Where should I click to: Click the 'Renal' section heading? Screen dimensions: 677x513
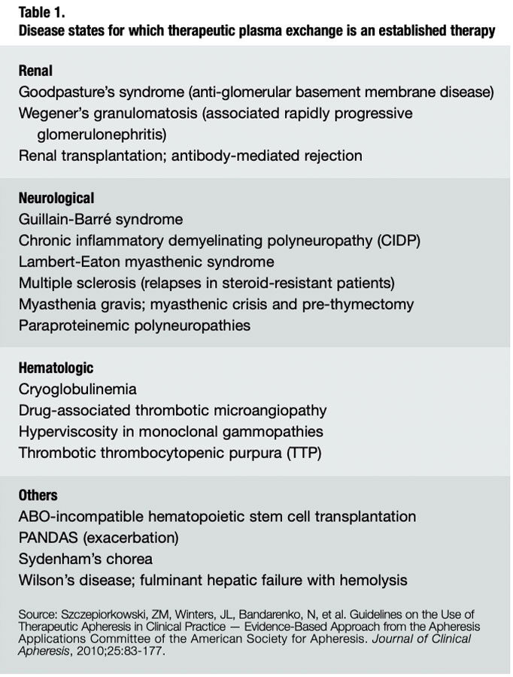point(36,71)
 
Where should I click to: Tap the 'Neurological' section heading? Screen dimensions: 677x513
point(56,199)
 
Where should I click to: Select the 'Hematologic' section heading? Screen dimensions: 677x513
point(56,368)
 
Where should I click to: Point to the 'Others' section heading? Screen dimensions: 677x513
point(38,496)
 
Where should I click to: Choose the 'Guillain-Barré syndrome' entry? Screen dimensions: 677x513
point(101,220)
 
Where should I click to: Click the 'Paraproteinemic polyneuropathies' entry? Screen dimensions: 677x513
point(135,326)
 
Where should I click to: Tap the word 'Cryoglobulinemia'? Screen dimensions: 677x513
point(78,390)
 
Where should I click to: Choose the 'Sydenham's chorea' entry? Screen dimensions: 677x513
point(86,559)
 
